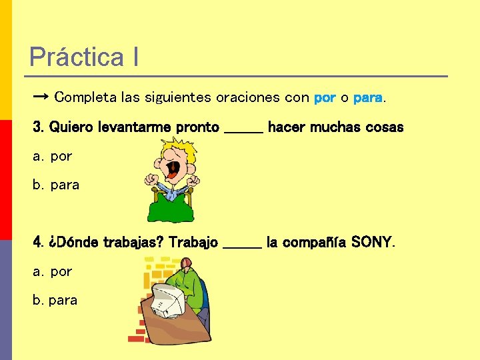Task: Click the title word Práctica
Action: (76, 57)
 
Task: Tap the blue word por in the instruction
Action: (325, 98)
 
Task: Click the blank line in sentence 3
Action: (243, 129)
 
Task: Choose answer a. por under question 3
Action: (53, 157)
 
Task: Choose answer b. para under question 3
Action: (57, 185)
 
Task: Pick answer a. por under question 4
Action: (53, 272)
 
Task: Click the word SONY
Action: (372, 242)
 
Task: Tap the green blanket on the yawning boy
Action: (172, 207)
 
